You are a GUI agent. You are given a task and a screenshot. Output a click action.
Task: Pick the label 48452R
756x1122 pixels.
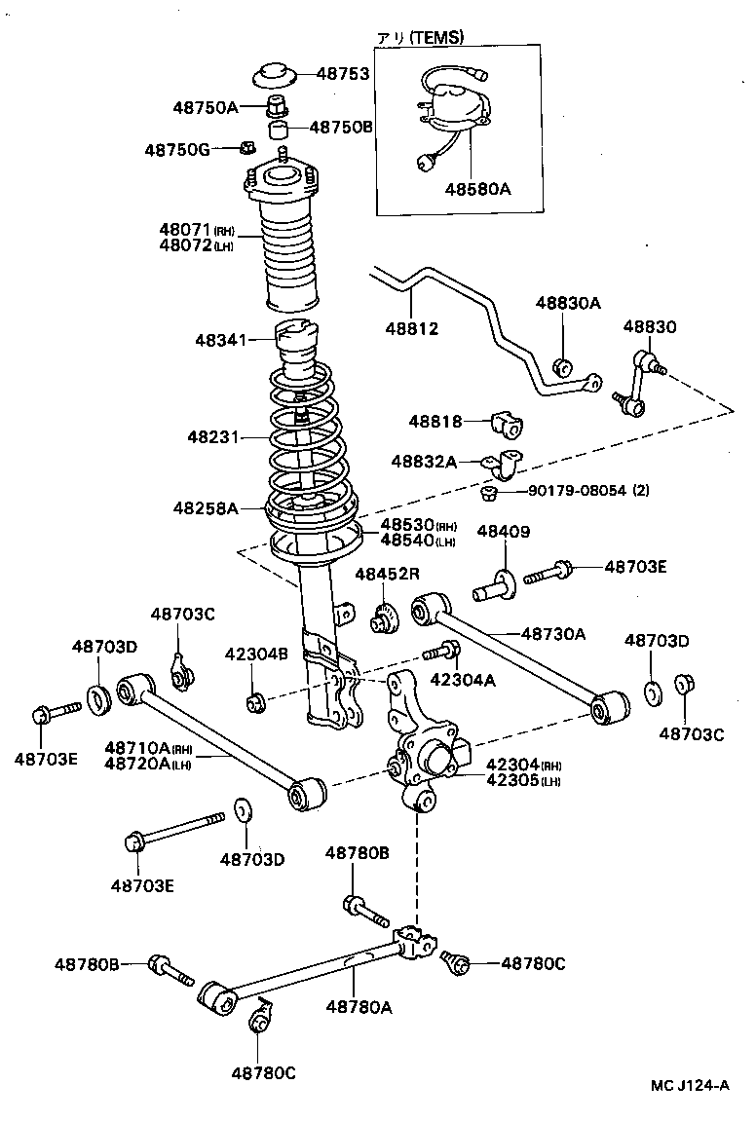(386, 575)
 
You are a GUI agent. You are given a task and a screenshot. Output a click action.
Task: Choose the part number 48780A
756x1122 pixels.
(359, 1007)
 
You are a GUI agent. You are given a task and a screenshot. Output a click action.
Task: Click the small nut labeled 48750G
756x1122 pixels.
(247, 149)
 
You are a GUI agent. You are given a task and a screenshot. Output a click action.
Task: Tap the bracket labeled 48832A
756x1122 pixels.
(505, 466)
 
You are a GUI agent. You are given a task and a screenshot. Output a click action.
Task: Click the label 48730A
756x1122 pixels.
(552, 634)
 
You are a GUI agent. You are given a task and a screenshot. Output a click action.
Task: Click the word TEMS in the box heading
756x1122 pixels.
(435, 37)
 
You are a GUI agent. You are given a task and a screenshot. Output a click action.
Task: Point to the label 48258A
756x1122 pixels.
(206, 507)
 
